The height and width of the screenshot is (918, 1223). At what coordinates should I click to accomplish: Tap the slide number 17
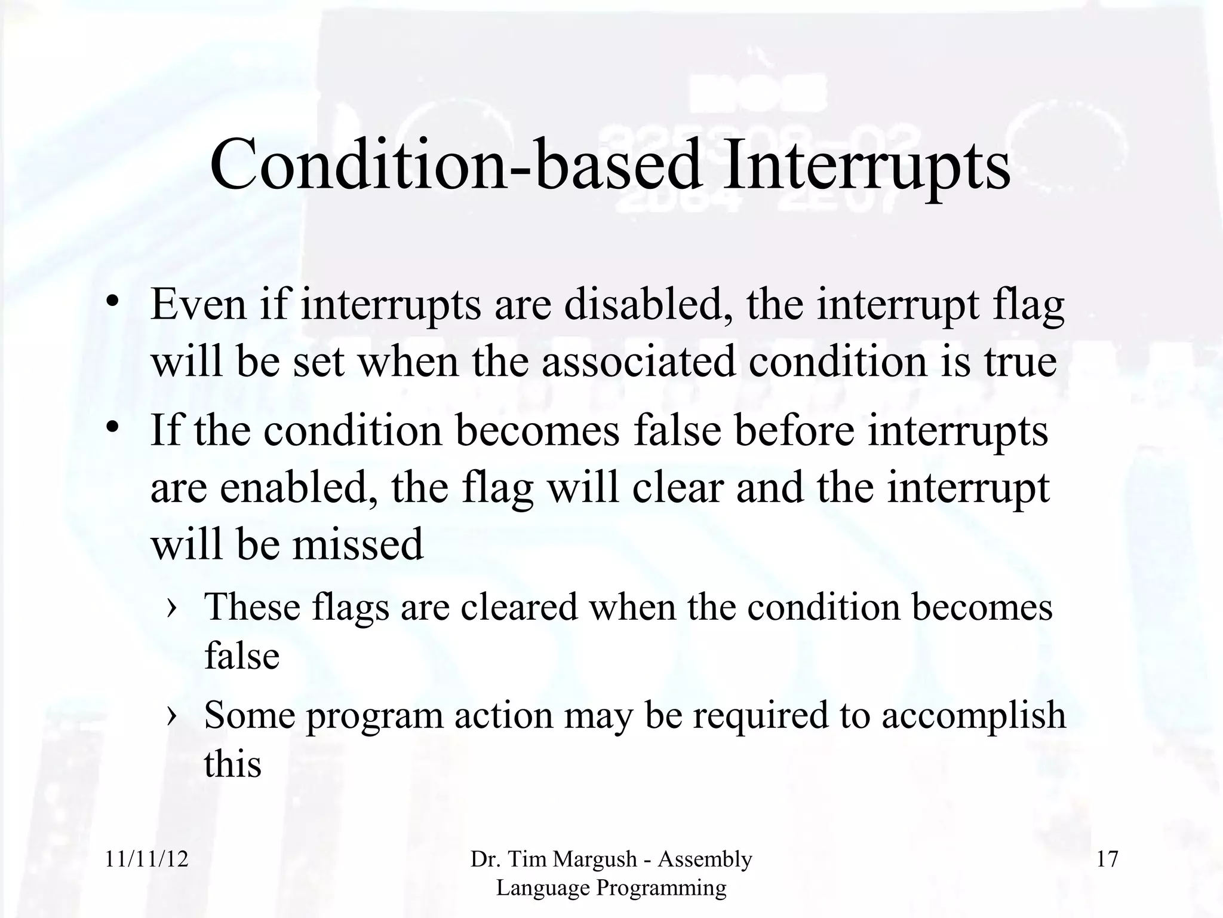pyautogui.click(x=1107, y=859)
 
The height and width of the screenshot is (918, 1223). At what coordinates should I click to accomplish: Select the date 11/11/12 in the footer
pyautogui.click(x=146, y=859)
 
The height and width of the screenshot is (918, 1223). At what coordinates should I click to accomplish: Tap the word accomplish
pyautogui.click(x=973, y=715)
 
